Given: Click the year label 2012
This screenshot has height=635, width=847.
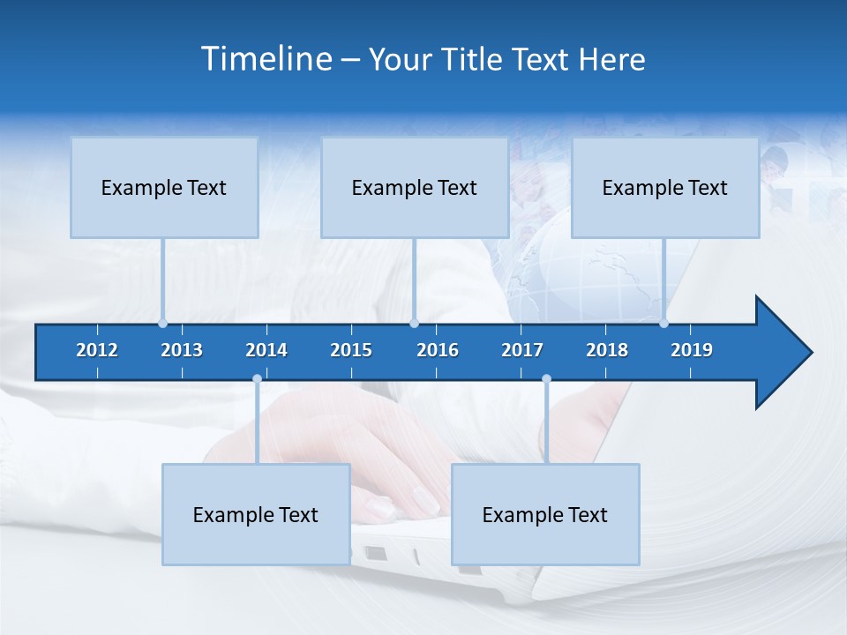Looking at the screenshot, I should pos(97,350).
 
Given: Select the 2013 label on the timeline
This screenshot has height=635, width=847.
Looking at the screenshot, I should pos(182,350).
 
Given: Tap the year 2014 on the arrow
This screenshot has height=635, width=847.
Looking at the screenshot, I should pos(266,350).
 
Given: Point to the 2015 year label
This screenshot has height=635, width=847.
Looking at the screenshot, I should pos(351,350).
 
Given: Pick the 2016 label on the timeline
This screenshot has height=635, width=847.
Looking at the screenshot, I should pos(438,350).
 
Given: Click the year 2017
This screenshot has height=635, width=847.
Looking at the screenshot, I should pos(522,350).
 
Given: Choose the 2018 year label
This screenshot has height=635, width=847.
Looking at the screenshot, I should pos(607,350).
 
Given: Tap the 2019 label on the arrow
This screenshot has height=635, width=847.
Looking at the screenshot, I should pos(692,350).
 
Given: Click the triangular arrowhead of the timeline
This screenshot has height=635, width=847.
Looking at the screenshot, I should pos(781,353).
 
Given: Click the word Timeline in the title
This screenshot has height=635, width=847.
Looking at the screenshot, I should pos(266,59).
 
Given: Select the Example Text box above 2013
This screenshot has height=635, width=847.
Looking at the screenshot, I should pos(164,188).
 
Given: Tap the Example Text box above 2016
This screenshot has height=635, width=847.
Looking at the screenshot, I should pos(415,188).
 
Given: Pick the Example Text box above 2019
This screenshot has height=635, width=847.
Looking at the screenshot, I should pos(665,188).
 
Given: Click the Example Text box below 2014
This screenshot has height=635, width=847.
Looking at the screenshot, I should pos(256,515).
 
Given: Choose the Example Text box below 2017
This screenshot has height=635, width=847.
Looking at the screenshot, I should pos(545,515).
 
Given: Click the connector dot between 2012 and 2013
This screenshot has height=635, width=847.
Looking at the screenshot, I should pos(163,323).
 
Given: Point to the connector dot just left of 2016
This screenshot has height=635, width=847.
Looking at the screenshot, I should pos(415,323).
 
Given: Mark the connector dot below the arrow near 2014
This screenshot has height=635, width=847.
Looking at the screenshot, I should pos(257,379).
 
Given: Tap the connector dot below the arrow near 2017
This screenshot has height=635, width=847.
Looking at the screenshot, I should pos(546,379).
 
